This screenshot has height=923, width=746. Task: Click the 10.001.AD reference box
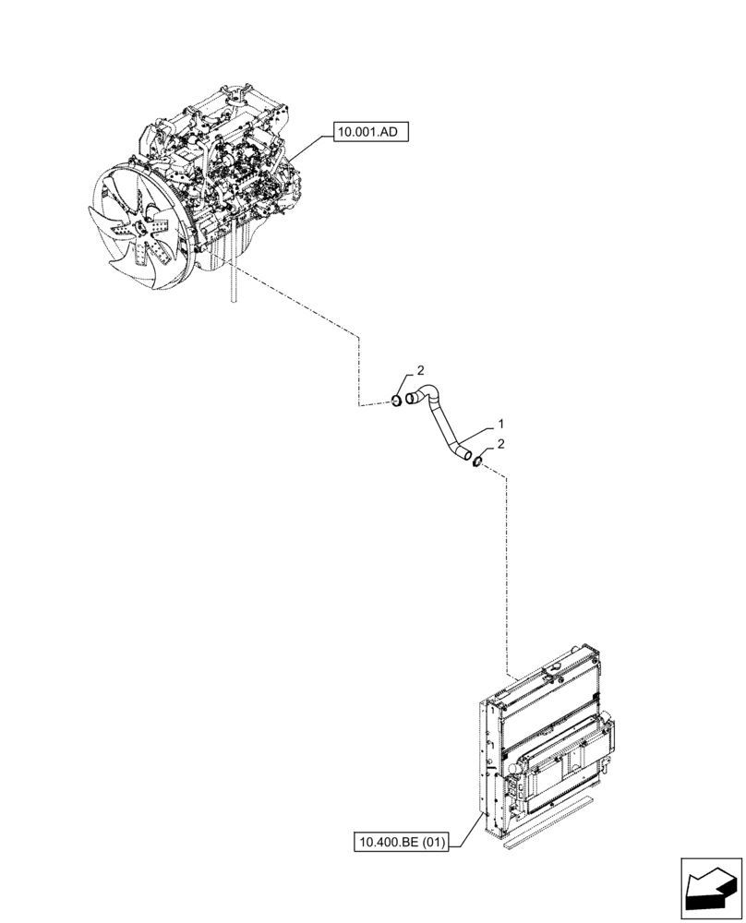367,133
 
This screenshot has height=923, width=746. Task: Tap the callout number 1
499,424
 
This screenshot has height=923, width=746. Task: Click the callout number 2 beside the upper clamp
420,370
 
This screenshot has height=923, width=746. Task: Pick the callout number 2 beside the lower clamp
500,444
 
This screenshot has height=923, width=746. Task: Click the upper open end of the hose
411,399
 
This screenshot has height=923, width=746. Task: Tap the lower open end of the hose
467,454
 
